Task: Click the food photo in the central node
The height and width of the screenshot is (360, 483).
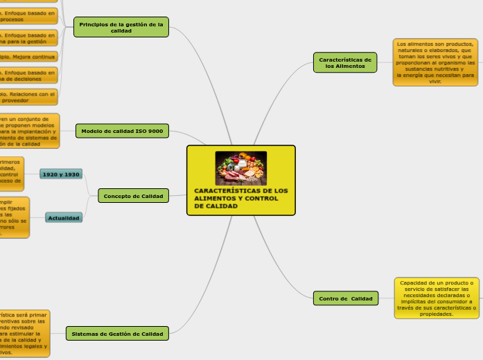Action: point(240,168)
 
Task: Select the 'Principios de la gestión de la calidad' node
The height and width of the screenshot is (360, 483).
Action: point(121,27)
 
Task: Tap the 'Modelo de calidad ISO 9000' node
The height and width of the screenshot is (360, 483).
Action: point(122,131)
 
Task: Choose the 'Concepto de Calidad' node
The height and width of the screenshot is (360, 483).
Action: point(133,196)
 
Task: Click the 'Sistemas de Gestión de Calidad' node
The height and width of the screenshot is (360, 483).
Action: point(117,334)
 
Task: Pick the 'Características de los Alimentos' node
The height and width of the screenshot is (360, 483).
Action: point(345,62)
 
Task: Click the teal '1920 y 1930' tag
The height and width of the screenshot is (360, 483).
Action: point(61,174)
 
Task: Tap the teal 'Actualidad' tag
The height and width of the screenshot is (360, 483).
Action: point(64,218)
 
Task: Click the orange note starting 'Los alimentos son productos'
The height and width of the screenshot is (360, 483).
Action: point(435,62)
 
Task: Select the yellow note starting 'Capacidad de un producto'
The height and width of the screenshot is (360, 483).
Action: point(437,298)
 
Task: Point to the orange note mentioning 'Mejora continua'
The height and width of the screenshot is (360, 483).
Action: point(28,57)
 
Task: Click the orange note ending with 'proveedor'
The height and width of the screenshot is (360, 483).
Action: point(28,96)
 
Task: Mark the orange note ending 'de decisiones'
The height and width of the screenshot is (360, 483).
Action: point(28,75)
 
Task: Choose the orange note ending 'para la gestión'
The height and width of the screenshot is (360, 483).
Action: point(28,37)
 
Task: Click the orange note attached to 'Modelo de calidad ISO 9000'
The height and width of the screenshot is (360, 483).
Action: point(29,132)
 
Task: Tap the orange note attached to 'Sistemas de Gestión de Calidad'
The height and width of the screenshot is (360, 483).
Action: point(24,333)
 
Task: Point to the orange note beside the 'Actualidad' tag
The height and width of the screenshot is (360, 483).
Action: point(14,218)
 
